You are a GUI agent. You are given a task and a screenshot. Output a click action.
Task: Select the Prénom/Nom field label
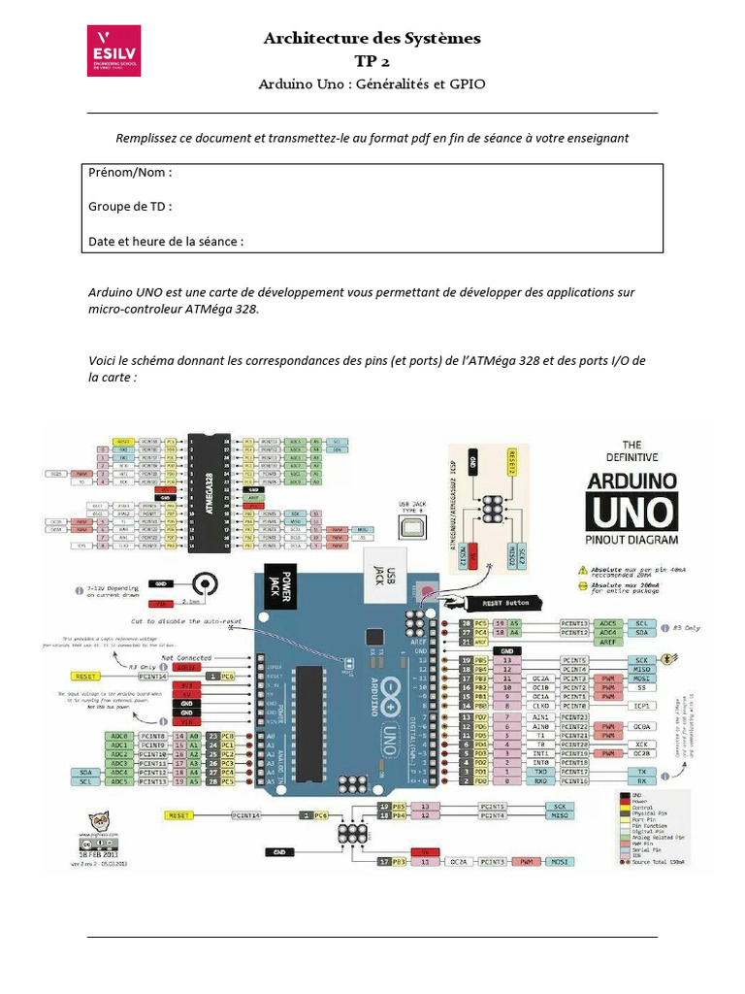click(x=130, y=173)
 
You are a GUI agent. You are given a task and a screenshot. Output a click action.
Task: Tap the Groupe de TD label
click(x=131, y=207)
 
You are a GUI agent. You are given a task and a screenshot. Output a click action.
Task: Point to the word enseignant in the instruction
click(x=598, y=138)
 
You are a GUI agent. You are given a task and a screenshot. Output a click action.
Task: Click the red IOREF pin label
click(x=187, y=668)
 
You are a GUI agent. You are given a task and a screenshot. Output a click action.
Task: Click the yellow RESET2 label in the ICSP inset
click(x=516, y=466)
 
